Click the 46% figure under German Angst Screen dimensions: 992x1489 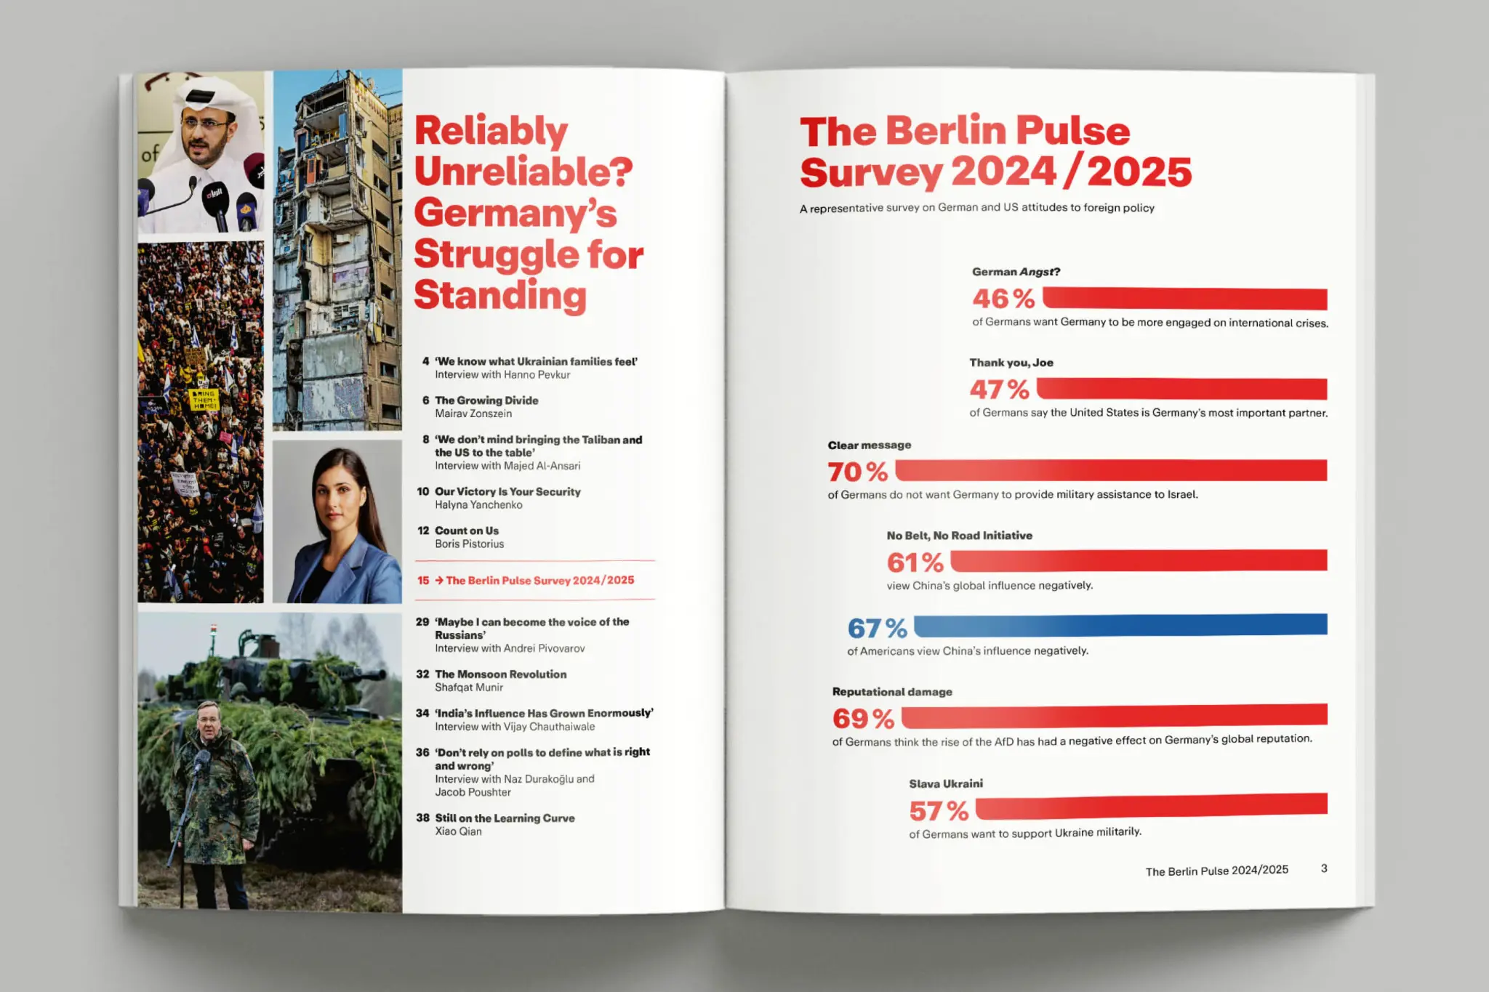[x=1003, y=299]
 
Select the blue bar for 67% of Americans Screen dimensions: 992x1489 [x=1120, y=625]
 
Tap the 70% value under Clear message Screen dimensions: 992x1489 [x=858, y=472]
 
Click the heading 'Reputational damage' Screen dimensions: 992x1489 [x=892, y=692]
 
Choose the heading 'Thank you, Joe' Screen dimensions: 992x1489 [x=1011, y=363]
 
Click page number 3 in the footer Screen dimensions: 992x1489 [x=1324, y=868]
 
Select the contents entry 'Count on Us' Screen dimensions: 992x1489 [x=467, y=531]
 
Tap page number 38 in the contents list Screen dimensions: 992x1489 [x=422, y=818]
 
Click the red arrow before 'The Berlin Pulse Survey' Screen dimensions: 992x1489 [x=439, y=580]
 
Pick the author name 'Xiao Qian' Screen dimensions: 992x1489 [x=458, y=831]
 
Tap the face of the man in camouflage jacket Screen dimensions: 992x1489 [x=209, y=726]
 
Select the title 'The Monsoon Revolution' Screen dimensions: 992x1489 [x=500, y=674]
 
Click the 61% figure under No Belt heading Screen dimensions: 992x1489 [x=915, y=562]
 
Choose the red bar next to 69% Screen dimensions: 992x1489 [x=1114, y=716]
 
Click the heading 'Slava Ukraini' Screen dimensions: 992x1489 [x=945, y=783]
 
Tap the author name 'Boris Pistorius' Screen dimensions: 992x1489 [x=469, y=544]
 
